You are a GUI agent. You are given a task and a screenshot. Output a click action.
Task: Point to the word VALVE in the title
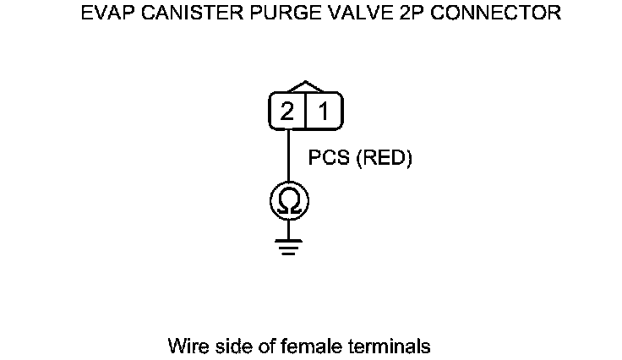tap(336, 14)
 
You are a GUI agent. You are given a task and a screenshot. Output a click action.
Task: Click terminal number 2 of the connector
tap(287, 112)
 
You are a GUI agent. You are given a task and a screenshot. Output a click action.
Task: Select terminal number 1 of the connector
tap(323, 112)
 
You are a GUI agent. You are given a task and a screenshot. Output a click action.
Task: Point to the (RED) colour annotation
tap(384, 159)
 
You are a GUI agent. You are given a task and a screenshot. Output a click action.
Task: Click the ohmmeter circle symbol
tap(289, 201)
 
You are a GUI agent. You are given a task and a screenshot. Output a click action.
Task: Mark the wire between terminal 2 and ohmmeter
tap(289, 156)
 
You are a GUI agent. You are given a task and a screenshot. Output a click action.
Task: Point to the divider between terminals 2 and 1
tap(305, 112)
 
